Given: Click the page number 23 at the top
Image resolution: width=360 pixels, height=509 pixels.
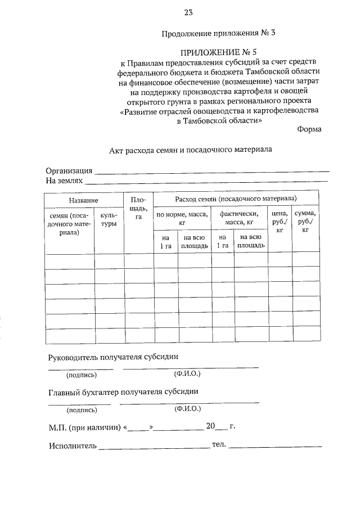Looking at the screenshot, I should click(x=188, y=12).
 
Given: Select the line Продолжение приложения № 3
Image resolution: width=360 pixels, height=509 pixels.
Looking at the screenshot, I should click(x=219, y=33).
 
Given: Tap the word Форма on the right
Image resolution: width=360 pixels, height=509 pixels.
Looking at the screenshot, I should click(x=309, y=129).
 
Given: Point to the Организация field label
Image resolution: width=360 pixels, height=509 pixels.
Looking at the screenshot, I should click(x=69, y=171).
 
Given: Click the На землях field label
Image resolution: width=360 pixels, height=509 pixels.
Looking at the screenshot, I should click(x=64, y=181).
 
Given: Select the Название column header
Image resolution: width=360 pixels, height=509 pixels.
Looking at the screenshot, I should click(x=84, y=200).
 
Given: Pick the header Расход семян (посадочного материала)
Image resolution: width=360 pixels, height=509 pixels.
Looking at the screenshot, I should click(x=236, y=200).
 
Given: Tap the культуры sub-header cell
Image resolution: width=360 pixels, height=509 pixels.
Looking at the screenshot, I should click(x=109, y=219).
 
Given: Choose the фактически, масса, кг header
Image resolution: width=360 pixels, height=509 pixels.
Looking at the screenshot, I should click(x=239, y=218).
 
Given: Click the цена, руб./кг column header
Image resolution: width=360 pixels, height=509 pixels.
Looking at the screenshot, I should click(x=280, y=222).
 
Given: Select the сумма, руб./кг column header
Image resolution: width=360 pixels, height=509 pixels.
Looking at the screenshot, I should click(x=305, y=222).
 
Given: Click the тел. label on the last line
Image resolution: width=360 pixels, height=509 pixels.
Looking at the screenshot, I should click(x=219, y=445).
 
